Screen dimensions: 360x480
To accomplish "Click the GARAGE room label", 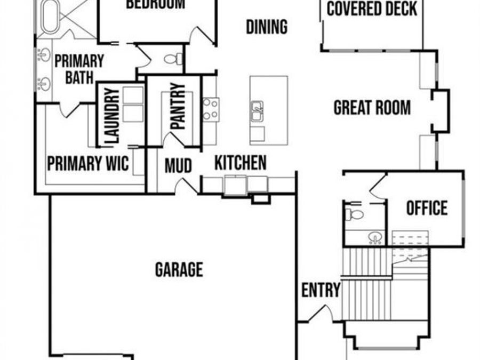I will coord(179,269).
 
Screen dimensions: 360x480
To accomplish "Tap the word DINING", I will coord(267,27).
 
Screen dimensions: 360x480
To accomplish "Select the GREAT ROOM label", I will coord(372,108).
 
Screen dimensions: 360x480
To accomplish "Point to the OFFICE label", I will coord(427,208).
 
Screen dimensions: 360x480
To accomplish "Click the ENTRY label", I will coord(321,291).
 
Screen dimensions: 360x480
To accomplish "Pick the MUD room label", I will coord(178,166).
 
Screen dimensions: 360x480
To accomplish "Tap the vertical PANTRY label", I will coord(178,107).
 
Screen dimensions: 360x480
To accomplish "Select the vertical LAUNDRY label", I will coord(112,116).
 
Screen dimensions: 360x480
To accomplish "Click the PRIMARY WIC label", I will coord(88,164).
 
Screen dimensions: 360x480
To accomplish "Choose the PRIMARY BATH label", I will coord(79,69).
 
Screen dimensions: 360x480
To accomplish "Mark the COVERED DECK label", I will coord(372,9).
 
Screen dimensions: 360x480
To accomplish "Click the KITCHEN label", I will coord(241,163).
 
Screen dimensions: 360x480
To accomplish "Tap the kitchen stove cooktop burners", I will coord(210,108).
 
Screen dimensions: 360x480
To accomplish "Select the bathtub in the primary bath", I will coord(49,16).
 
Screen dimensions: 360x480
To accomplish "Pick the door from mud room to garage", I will coord(188,186).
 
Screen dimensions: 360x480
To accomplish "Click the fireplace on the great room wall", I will coord(441,110).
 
